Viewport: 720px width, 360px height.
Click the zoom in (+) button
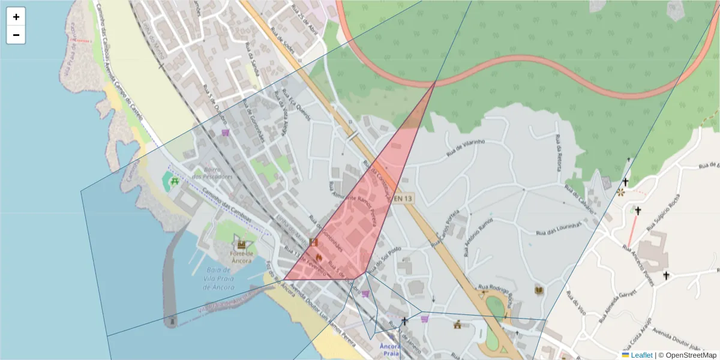point(16,17)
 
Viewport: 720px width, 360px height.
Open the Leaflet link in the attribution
point(641,355)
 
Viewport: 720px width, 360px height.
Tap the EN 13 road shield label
point(404,198)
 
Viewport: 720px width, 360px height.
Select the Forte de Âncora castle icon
point(242,244)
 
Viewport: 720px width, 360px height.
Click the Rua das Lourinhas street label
point(559,228)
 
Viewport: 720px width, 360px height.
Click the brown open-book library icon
point(539,290)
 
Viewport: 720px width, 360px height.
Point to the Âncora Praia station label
point(390,350)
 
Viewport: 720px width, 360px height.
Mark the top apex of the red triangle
point(435,82)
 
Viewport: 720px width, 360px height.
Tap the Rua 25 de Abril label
point(304,13)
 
